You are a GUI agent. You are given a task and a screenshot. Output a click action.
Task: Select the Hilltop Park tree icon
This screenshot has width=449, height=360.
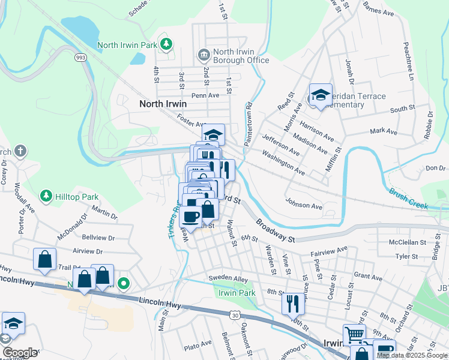[46, 196]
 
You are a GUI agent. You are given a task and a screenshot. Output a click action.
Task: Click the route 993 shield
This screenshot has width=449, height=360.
[80, 58]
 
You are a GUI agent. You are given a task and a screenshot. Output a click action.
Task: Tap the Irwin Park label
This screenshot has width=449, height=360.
[237, 293]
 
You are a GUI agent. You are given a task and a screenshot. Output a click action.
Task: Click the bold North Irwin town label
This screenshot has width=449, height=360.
[163, 104]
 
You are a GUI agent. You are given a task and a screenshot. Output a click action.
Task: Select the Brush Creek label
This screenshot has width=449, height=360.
[408, 199]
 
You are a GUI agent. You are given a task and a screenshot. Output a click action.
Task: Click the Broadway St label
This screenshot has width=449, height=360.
[276, 230]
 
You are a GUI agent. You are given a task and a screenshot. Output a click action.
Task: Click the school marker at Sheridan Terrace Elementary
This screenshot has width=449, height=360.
[321, 95]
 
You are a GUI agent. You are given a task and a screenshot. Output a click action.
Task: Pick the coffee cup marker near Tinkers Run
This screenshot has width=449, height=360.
[191, 217]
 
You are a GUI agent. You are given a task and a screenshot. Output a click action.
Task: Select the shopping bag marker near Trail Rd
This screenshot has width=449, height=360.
[44, 259]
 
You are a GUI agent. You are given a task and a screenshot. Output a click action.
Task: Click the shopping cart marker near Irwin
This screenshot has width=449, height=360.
[354, 335]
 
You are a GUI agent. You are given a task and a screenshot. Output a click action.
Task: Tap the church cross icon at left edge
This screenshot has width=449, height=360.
[20, 151]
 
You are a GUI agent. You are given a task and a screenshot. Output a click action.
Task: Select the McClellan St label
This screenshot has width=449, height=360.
[408, 242]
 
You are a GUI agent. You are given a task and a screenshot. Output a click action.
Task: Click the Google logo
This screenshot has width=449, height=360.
[19, 353]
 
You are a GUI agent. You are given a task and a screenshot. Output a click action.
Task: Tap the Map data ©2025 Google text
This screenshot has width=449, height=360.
[412, 355]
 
